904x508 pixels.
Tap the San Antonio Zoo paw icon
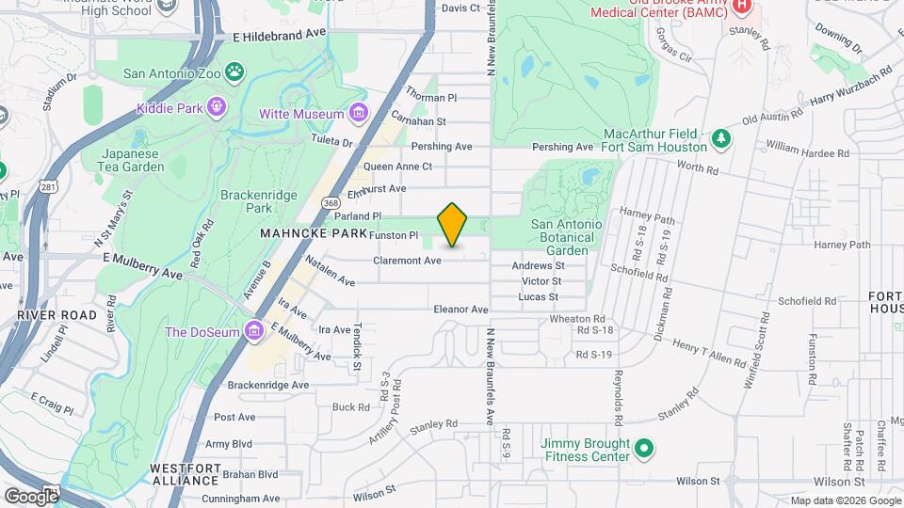click(x=234, y=71)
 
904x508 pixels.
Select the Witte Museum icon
click(x=357, y=114)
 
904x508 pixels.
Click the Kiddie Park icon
click(x=218, y=107)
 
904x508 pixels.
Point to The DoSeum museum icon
click(x=252, y=331)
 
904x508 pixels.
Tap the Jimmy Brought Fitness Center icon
click(x=644, y=449)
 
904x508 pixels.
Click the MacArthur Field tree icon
click(x=721, y=139)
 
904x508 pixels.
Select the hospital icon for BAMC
click(x=741, y=6)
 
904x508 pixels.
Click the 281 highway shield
click(x=50, y=187)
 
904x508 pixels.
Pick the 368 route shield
click(x=330, y=202)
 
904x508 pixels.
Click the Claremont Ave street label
click(x=408, y=261)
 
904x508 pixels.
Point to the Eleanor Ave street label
click(x=460, y=309)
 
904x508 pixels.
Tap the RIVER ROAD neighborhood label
click(x=56, y=316)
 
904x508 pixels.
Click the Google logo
click(x=31, y=495)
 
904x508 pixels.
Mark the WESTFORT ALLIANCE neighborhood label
click(x=184, y=473)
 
